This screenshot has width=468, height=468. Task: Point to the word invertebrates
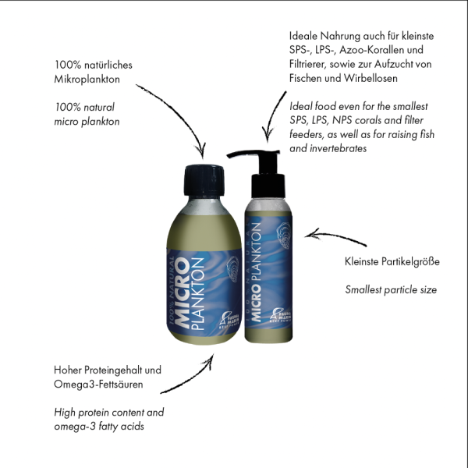335,147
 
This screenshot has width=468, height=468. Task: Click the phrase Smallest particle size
390,290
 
